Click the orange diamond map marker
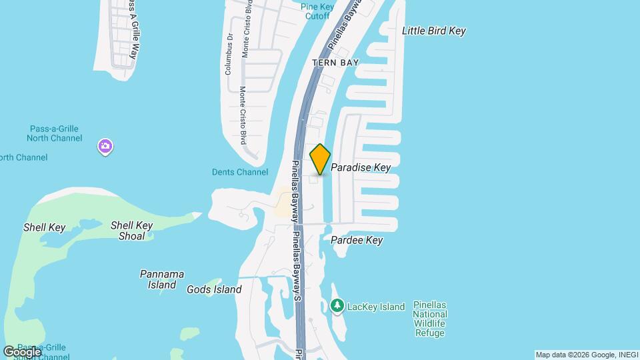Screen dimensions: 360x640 tap(320, 159)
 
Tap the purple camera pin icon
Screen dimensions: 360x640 tap(105, 146)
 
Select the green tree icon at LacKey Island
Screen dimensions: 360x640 tap(337, 306)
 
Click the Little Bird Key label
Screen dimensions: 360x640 tap(433, 31)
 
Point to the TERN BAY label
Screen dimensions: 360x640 tap(336, 63)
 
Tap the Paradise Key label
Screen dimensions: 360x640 tap(361, 167)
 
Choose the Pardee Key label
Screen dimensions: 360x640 tap(357, 240)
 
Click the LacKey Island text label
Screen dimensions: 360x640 tap(376, 307)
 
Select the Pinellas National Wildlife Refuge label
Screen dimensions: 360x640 tap(429, 319)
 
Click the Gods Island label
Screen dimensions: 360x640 tap(214, 289)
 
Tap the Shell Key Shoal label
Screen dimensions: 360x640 tap(132, 231)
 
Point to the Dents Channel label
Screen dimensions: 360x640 tap(240, 172)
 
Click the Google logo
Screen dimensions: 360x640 tap(22, 351)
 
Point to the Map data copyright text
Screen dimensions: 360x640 tap(586, 355)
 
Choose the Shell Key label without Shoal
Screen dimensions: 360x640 tap(45, 227)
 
